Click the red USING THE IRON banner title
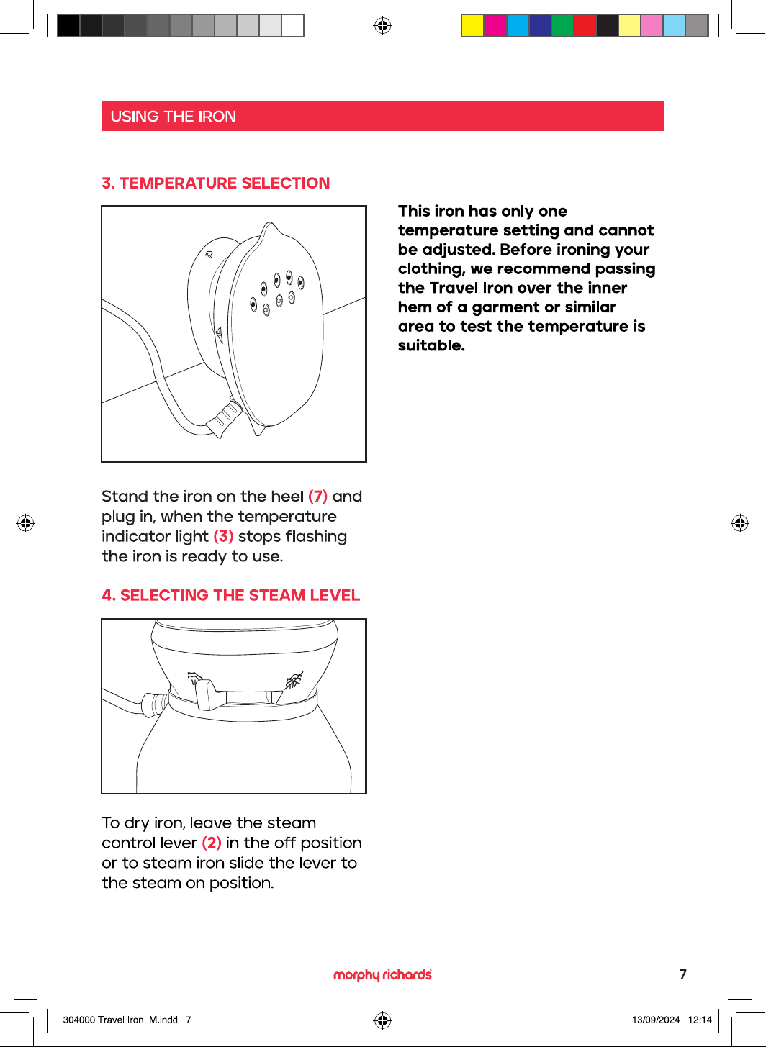(173, 117)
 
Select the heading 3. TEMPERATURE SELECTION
(215, 183)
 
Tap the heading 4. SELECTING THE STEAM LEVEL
(230, 595)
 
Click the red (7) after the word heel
(317, 497)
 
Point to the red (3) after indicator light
(223, 537)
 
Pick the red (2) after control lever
(212, 843)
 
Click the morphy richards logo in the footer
(382, 974)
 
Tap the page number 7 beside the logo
(682, 974)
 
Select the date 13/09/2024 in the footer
(656, 1020)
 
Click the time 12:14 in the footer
(700, 1020)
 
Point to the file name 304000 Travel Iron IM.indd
(120, 1020)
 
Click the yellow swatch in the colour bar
(472, 25)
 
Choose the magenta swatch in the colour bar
(495, 25)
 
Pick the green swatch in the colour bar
(562, 25)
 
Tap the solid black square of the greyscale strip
(68, 25)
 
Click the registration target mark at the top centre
(382, 25)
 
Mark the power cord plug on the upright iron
(225, 417)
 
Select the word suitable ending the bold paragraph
(431, 345)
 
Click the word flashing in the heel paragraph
(316, 537)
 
